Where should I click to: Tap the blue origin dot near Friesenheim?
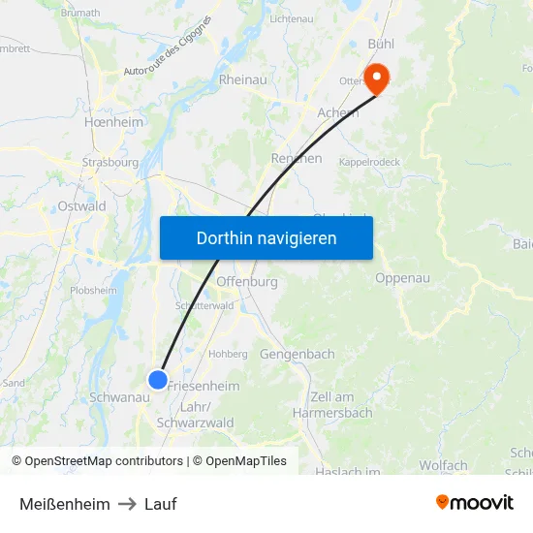coord(158,380)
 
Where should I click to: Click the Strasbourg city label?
coord(110,163)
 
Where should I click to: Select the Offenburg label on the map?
coord(247,282)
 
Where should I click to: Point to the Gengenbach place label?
coord(297,355)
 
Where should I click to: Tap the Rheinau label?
coord(243,79)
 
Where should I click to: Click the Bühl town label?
coord(381,45)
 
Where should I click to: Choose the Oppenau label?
coord(402,279)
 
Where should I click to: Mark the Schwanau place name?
coord(118,397)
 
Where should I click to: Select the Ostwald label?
coord(82,206)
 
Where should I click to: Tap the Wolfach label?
coord(443,466)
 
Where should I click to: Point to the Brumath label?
coord(80,13)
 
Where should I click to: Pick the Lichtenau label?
coord(292,18)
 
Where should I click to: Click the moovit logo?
coord(475,503)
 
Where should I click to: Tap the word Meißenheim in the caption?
coord(64,504)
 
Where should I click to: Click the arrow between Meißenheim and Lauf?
coord(127,504)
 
